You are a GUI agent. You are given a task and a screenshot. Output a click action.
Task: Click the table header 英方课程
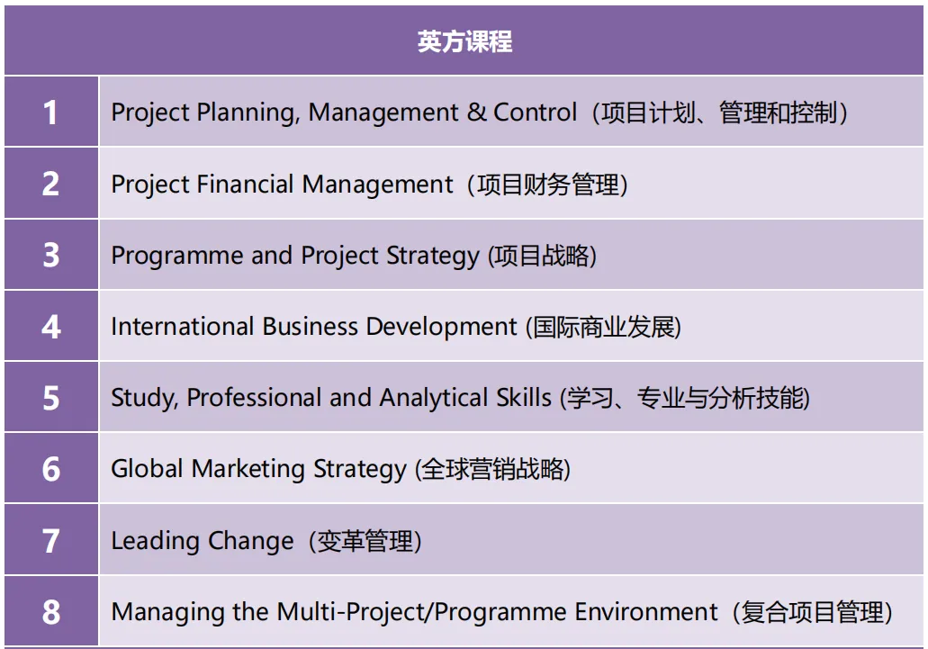coord(464,41)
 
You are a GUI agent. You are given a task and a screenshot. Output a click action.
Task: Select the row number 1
coord(50,113)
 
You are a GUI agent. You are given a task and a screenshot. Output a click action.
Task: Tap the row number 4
coord(51,327)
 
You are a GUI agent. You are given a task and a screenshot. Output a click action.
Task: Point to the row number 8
coord(51,612)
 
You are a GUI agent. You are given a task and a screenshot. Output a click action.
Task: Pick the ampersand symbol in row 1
coord(476,113)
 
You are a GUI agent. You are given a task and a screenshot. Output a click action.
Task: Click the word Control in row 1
coord(535,113)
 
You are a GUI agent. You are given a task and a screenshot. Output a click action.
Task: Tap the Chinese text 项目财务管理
coord(547,185)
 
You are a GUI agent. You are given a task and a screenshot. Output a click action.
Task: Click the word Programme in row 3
coord(177,257)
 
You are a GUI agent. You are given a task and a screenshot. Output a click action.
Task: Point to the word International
coord(183,327)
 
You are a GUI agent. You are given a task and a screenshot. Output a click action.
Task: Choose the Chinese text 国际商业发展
coord(604,327)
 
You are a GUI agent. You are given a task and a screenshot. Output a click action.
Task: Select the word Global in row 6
coord(147,469)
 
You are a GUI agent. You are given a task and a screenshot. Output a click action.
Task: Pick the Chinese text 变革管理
coord(365,541)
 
